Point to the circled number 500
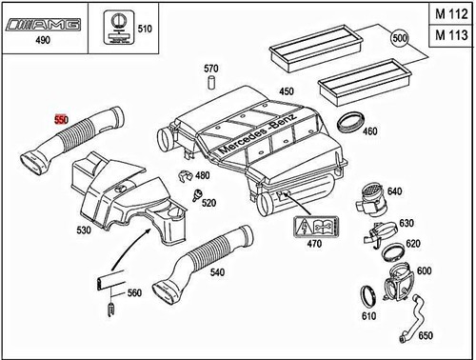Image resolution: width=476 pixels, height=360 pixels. tap(398, 41)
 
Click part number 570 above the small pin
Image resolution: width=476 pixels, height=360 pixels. tap(211, 69)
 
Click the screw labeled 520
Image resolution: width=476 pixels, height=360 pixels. tap(198, 198)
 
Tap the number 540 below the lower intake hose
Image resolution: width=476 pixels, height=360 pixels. tap(246, 272)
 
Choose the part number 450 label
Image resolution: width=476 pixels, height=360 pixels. tap(286, 91)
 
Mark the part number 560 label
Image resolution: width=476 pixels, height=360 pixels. tap(133, 292)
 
